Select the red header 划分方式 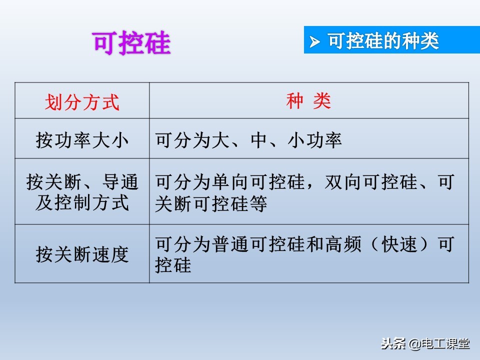82,102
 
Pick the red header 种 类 308,101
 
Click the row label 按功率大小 82,140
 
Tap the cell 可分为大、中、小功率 248,140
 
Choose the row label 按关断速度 82,254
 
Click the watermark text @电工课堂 439,343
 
